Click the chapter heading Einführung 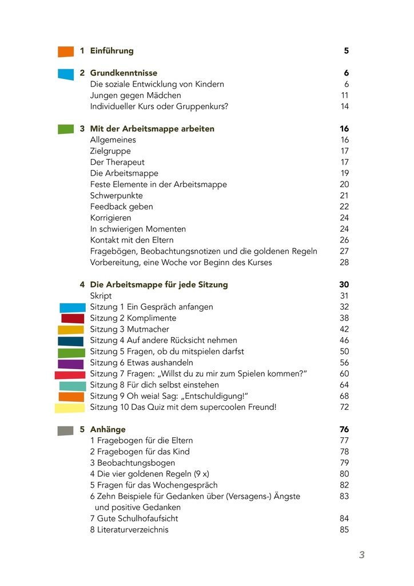(x=112, y=51)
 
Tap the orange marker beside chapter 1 (x=66, y=52)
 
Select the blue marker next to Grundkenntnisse (x=66, y=74)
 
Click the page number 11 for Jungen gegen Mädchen (x=345, y=96)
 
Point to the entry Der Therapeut (x=117, y=163)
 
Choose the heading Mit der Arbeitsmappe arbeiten (x=152, y=129)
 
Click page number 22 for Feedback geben (x=344, y=207)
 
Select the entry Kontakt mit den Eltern (x=132, y=240)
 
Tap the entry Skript (x=101, y=296)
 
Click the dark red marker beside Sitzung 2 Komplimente (x=73, y=318)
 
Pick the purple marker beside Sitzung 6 (x=71, y=363)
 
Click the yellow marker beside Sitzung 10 (x=70, y=408)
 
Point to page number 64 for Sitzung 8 (x=344, y=385)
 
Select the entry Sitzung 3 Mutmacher (x=129, y=330)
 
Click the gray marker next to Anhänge (x=65, y=430)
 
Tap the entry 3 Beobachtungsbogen (x=133, y=463)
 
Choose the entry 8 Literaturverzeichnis (x=129, y=530)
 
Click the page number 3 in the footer (x=361, y=555)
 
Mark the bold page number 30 (x=344, y=285)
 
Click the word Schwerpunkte (x=116, y=196)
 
